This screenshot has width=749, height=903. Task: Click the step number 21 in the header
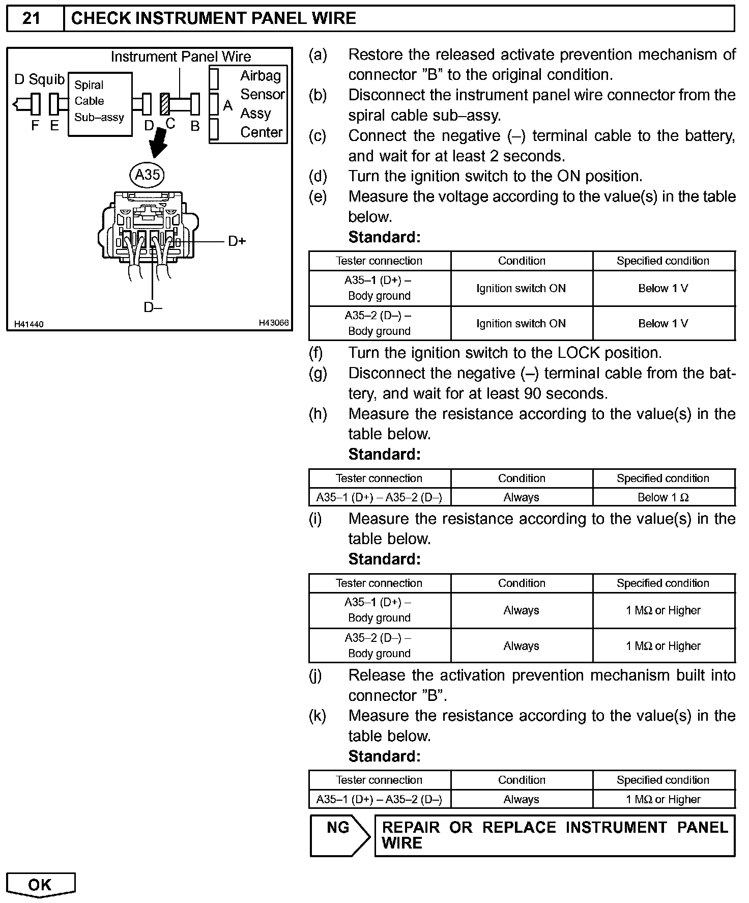click(32, 19)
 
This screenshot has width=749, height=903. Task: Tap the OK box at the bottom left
click(40, 885)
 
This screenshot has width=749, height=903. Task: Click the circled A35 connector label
click(148, 175)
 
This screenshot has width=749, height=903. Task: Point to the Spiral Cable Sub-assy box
click(100, 104)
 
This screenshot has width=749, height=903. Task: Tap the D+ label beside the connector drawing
click(237, 241)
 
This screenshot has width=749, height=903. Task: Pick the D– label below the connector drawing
click(153, 307)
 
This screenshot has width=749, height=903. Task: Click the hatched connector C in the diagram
click(165, 104)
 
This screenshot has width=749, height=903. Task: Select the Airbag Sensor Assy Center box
click(249, 104)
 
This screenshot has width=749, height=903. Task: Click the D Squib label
click(40, 79)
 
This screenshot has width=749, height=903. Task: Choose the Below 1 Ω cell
click(663, 497)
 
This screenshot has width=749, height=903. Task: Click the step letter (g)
click(318, 374)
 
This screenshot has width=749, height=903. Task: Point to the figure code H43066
click(274, 323)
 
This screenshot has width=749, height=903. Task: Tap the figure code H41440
click(29, 324)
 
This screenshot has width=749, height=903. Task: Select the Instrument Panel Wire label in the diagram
click(181, 57)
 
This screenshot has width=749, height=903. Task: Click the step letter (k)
click(318, 716)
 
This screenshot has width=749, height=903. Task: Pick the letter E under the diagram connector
click(54, 126)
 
